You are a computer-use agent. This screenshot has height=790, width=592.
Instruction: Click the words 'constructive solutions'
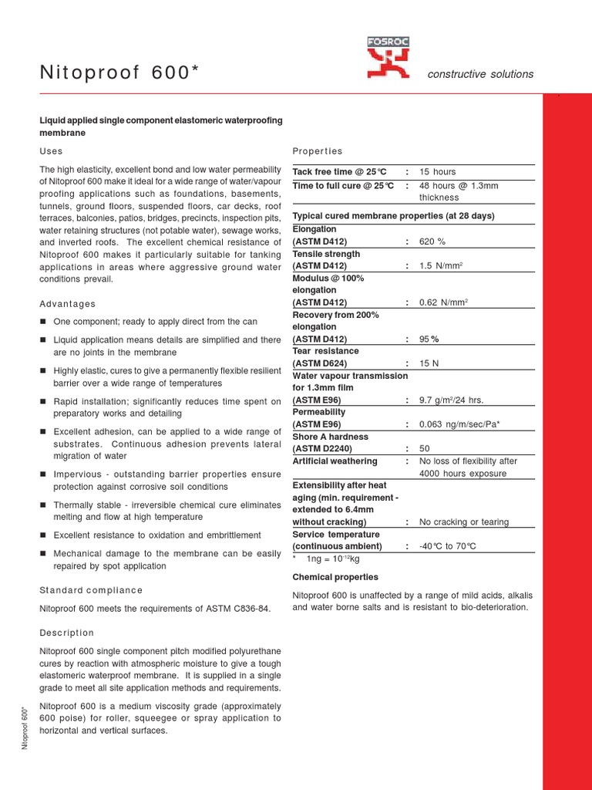(480, 74)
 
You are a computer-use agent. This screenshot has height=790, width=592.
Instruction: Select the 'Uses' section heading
(51, 151)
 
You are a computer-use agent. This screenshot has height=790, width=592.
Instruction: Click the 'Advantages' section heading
(68, 304)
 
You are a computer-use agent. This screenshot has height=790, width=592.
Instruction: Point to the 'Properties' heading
(318, 151)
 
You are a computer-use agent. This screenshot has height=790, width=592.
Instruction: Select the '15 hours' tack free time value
(437, 171)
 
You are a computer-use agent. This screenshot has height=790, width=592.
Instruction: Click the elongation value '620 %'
(432, 241)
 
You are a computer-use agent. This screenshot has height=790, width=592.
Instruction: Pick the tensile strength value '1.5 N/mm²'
(441, 266)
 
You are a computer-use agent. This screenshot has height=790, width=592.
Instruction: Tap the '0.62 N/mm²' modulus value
(444, 302)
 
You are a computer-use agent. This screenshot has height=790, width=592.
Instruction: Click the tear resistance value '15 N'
(429, 363)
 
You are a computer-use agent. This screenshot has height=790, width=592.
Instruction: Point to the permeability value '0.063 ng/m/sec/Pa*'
(459, 424)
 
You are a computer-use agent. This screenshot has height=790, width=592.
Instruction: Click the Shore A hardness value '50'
(424, 448)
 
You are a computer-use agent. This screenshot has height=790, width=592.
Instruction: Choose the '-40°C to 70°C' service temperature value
(448, 546)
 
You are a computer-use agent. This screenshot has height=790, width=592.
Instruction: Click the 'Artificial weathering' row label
(335, 461)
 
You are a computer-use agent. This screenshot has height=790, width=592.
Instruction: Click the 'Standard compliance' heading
(91, 590)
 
